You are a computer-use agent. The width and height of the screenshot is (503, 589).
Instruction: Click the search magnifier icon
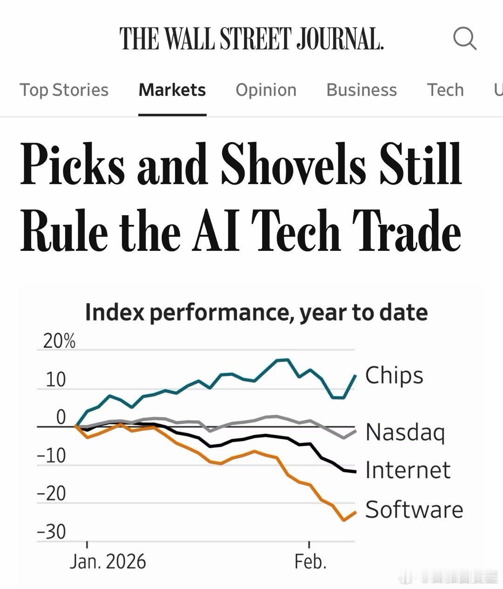coord(464,38)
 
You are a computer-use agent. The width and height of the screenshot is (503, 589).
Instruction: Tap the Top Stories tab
coord(64,90)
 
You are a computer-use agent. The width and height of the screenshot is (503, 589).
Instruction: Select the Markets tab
coord(172,90)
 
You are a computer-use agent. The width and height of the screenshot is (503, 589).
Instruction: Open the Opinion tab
coord(266,90)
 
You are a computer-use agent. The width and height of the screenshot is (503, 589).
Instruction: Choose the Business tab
coord(361,90)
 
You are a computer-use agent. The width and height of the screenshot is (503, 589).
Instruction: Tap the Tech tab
coord(445,90)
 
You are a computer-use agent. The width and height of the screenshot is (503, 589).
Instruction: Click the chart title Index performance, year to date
coord(256,312)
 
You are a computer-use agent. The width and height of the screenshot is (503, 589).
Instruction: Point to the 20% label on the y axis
coord(59,342)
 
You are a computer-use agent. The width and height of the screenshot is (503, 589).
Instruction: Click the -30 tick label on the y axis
coord(52,532)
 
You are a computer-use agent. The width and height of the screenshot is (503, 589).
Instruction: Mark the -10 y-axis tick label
coord(52,455)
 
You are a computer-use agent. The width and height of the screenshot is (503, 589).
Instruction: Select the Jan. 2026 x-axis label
coord(108,562)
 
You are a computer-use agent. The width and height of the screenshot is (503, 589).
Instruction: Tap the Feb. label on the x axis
coord(310,562)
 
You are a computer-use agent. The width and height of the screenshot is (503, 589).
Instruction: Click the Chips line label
coord(394,375)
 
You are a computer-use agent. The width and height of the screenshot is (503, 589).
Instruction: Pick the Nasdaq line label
coord(405,432)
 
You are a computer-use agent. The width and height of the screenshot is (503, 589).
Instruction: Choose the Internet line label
coord(408,470)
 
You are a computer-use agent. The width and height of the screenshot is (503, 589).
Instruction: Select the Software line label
coord(414,509)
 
